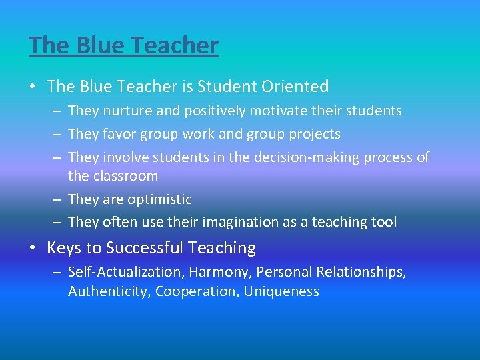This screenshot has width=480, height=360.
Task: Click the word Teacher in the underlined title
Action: coord(176,45)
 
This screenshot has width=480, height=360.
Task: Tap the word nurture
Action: coord(125,111)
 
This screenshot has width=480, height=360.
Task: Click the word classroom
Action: coord(126,176)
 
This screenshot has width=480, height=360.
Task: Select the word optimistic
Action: coord(160,199)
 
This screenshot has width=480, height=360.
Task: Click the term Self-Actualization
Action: coord(126,272)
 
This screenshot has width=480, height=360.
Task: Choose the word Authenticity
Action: coord(109,291)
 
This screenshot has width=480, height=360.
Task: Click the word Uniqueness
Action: coord(281,291)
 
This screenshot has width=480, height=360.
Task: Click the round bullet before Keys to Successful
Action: coord(33,249)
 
